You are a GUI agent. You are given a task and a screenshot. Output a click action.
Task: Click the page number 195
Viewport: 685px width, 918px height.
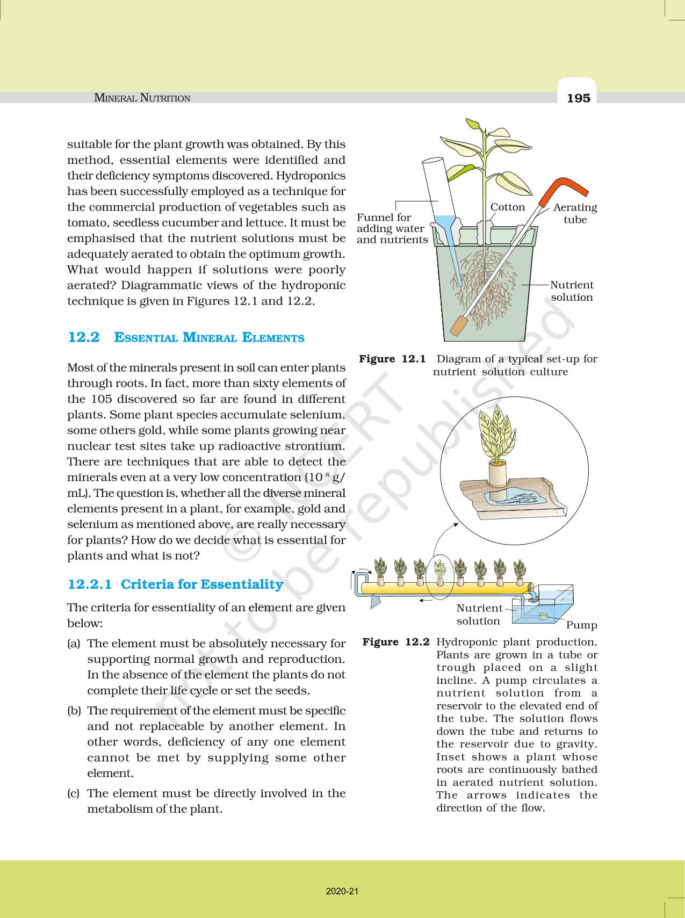pos(578,98)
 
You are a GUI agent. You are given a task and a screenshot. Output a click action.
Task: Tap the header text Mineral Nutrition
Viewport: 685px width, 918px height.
pos(142,98)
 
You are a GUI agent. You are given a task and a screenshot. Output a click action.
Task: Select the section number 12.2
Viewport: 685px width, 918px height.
pos(83,337)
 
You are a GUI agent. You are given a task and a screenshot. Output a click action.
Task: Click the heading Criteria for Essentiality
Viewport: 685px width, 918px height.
pos(202,584)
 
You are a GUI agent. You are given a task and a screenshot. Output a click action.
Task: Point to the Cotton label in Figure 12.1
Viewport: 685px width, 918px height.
pos(507,207)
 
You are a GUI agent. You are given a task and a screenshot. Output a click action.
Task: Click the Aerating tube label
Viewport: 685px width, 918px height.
pos(575,213)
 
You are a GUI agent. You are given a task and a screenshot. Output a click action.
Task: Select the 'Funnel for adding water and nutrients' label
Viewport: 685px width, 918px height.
pos(392,228)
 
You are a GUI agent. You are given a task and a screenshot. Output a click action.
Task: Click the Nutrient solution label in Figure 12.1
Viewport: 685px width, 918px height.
pos(572,291)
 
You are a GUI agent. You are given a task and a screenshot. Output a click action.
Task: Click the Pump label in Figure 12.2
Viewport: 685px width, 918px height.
pos(581,625)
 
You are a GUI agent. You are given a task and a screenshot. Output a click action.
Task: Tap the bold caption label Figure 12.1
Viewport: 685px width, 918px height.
pos(392,359)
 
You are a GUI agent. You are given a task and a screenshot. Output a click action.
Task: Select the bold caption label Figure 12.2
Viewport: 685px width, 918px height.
pos(396,642)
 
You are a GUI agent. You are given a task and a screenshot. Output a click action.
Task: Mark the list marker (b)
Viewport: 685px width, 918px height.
pos(74,711)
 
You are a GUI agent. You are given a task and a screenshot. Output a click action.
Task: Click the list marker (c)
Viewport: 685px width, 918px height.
pos(74,793)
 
